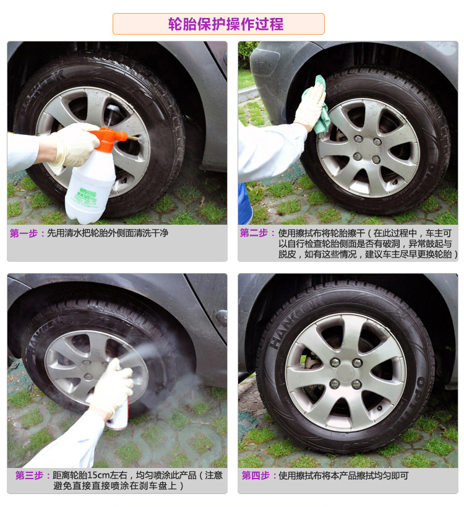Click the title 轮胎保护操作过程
pos(226,24)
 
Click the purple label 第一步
pos(24,233)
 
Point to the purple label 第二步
pos(254,233)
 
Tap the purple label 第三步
pos(30,475)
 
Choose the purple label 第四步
pos(256,475)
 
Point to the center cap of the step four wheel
pos(346,373)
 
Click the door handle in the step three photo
pos(221,318)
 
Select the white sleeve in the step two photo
pos(271,151)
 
